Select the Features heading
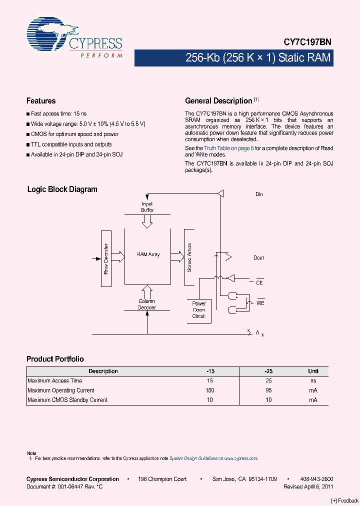[x=41, y=101]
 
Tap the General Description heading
[x=218, y=101]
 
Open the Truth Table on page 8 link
[x=228, y=148]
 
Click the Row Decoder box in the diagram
[x=106, y=258]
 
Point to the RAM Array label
[x=148, y=254]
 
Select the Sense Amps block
[x=189, y=257]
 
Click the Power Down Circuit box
[x=199, y=310]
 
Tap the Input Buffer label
[x=147, y=207]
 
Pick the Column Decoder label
[x=147, y=304]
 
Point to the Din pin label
[x=259, y=194]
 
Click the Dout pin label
[x=258, y=258]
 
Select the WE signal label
[x=260, y=303]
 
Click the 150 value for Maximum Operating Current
[x=209, y=390]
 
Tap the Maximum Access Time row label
[x=54, y=381]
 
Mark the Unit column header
[x=313, y=371]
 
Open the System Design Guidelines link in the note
[x=192, y=458]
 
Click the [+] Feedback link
[x=345, y=500]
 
